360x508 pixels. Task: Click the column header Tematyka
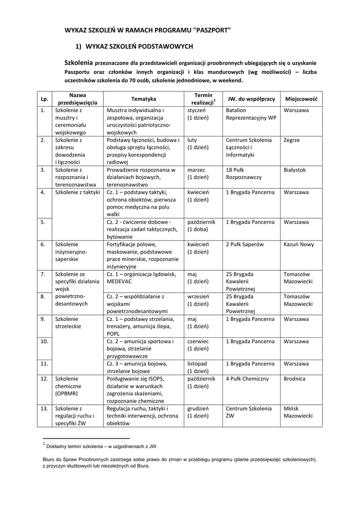pos(143,99)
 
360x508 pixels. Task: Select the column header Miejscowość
pos(301,99)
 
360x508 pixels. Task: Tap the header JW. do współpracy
pos(251,99)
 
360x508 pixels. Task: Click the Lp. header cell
pos(44,99)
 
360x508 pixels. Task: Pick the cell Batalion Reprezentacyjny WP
pos(251,114)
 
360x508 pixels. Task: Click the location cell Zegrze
pos(291,140)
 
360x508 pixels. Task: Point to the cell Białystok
pos(294,170)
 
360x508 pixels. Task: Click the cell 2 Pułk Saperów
pos(245,244)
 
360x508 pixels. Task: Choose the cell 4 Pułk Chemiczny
pos(247,379)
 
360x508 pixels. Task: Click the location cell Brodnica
pos(294,379)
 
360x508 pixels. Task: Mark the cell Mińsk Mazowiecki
pos(298,412)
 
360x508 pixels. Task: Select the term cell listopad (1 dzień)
pos(198,367)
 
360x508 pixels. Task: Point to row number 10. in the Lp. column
pos(44,341)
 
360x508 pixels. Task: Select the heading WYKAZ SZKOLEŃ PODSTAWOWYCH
pos(139,47)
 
